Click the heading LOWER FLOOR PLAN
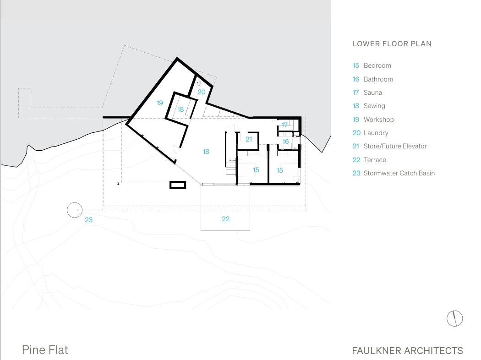(x=392, y=44)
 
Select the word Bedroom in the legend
(x=377, y=65)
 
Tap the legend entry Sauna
(x=372, y=93)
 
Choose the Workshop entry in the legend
(x=378, y=120)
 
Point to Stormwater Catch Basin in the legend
(x=399, y=173)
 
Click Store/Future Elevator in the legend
(x=395, y=146)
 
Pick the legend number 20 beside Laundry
(x=356, y=133)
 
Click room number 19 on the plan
(x=159, y=103)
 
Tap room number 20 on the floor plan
(x=202, y=92)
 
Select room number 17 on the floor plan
(x=284, y=125)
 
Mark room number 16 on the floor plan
(x=285, y=142)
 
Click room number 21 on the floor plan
(x=249, y=139)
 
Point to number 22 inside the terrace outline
(x=225, y=219)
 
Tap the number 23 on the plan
(x=88, y=220)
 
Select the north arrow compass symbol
(x=454, y=318)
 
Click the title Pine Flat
(x=45, y=350)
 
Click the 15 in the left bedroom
(x=256, y=170)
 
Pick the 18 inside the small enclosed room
(x=180, y=109)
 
